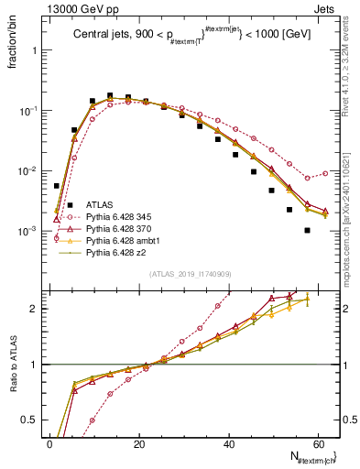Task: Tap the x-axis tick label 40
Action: coord(230,443)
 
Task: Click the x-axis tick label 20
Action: coord(140,443)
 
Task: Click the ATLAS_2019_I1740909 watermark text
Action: coord(189,274)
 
